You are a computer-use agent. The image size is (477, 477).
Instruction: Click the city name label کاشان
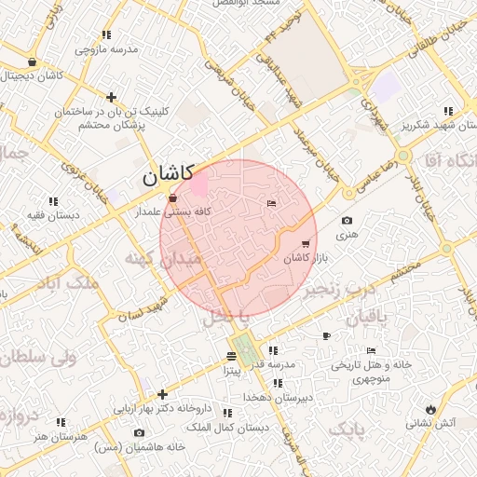[168, 173]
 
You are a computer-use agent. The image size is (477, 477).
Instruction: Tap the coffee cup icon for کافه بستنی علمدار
[172, 198]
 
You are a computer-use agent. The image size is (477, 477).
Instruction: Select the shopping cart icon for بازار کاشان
[306, 244]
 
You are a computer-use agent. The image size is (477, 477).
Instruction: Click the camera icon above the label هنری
[347, 221]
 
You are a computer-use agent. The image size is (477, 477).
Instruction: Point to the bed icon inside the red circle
[271, 203]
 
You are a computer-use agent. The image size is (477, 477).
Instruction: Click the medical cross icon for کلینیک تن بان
[112, 97]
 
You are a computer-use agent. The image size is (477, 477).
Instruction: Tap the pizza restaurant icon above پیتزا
[231, 357]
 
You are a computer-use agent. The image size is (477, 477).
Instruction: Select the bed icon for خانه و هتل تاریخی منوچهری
[372, 351]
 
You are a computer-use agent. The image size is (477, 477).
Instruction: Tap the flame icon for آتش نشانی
[429, 409]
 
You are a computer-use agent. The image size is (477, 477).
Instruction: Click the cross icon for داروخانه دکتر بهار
[163, 394]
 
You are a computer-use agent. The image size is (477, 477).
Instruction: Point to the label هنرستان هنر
[60, 436]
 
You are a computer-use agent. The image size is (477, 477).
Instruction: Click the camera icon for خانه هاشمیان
[140, 433]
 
